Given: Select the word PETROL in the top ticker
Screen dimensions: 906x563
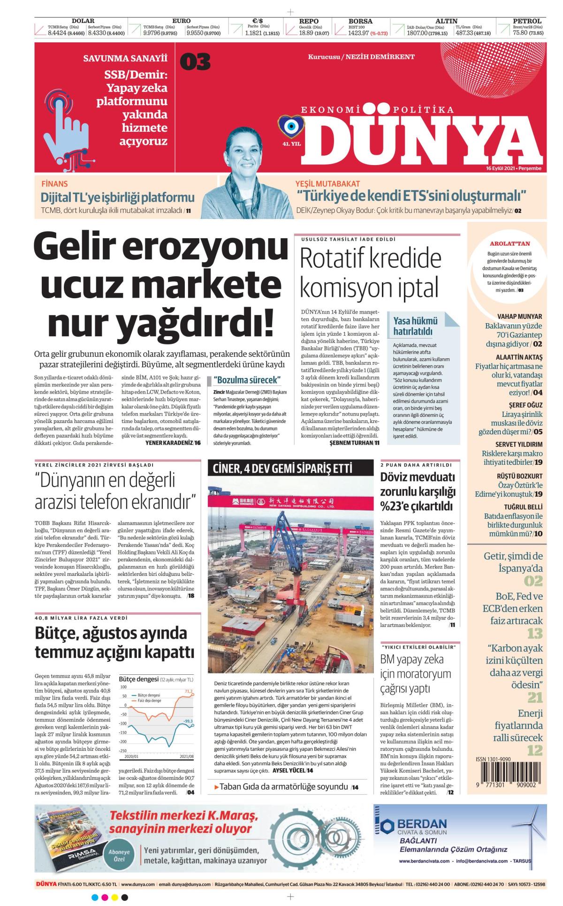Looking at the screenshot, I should coord(527,21).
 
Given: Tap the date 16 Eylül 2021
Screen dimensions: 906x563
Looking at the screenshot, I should coord(502,168).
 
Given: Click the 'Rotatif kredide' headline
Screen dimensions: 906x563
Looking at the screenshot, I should coord(371,258).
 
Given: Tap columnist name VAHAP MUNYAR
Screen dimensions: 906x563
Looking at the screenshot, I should coord(519,317).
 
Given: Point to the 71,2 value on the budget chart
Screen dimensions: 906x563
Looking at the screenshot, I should coord(189,691).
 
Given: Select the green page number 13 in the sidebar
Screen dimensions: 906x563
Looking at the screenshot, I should coord(535,634).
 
